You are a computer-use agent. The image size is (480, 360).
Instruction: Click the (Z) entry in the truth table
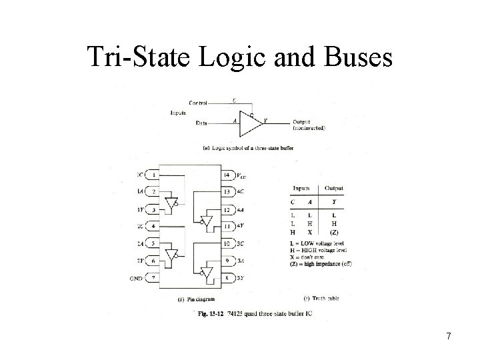point(333,233)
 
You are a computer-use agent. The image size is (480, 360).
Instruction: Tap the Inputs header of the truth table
point(301,188)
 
